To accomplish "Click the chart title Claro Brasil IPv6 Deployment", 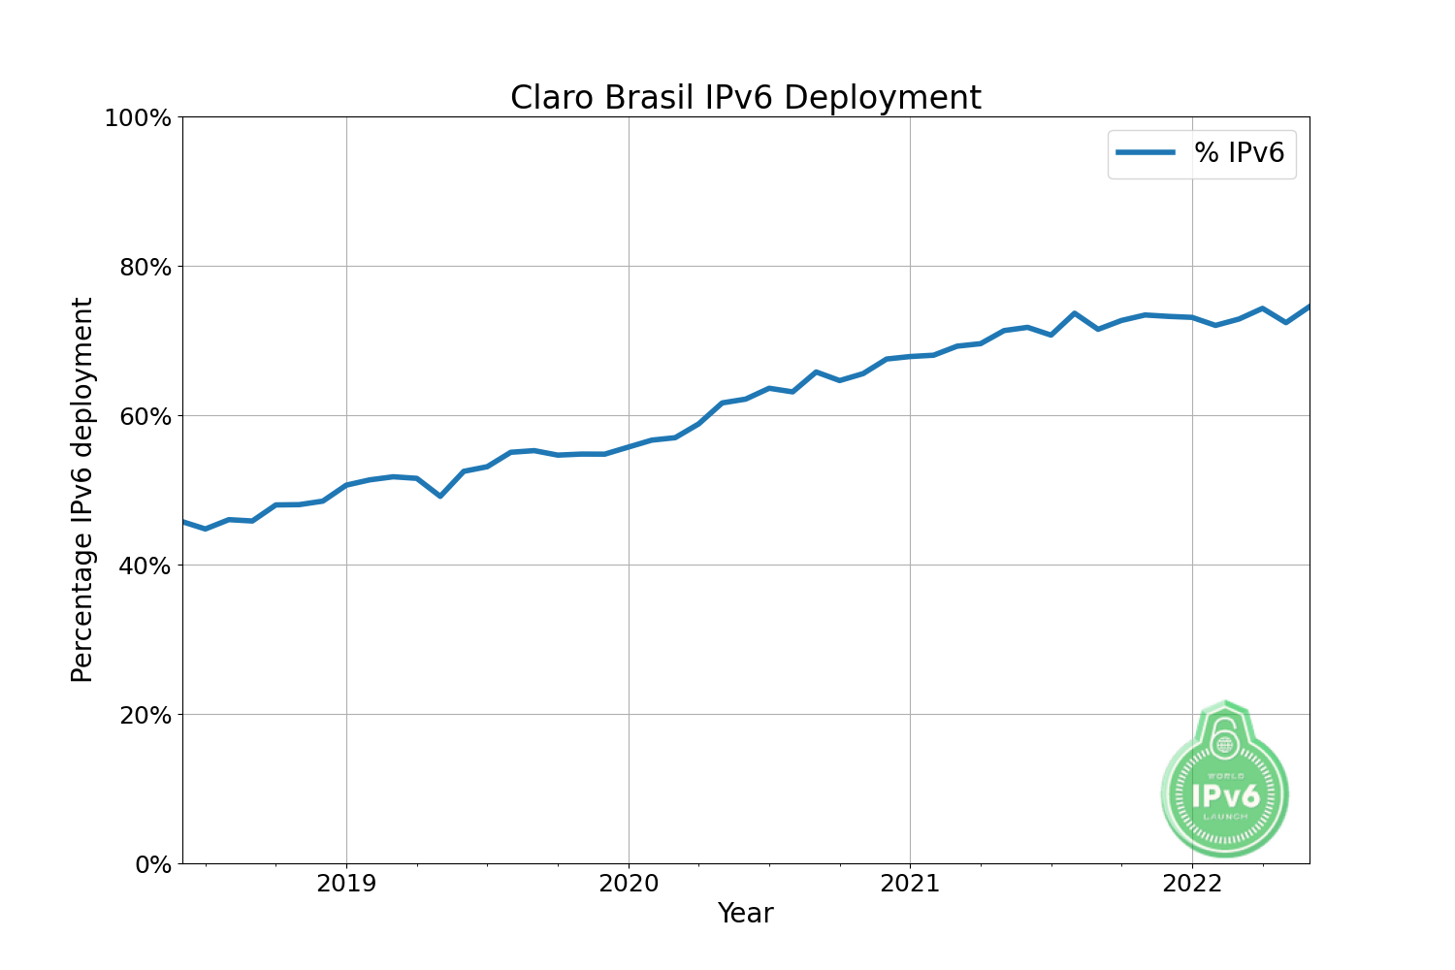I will pyautogui.click(x=745, y=98).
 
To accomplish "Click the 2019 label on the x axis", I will pyautogui.click(x=346, y=884).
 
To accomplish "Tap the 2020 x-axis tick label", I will pyautogui.click(x=629, y=884).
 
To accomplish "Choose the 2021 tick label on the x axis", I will pyautogui.click(x=910, y=884).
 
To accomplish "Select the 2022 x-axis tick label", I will pyautogui.click(x=1192, y=884).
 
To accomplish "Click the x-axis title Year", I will pyautogui.click(x=745, y=914).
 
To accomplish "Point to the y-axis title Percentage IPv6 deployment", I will pyautogui.click(x=83, y=490).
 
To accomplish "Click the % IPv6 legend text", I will pyautogui.click(x=1239, y=153).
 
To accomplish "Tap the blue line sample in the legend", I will pyautogui.click(x=1146, y=153).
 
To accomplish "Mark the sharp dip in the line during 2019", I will pyautogui.click(x=440, y=496).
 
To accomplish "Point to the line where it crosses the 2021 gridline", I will pyautogui.click(x=910, y=356).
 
